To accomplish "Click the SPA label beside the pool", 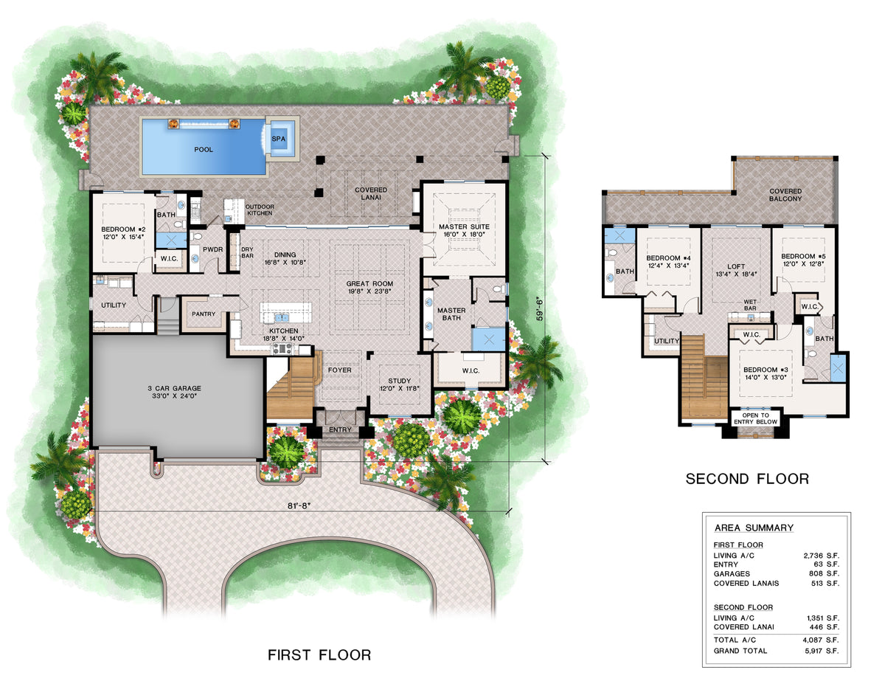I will (x=279, y=138).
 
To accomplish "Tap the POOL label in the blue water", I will (x=204, y=150).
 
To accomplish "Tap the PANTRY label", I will (x=203, y=314).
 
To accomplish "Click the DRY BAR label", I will (x=247, y=253).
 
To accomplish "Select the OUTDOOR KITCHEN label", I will (x=259, y=210).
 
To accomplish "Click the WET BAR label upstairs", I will (x=751, y=304).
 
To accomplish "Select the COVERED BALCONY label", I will (x=785, y=196).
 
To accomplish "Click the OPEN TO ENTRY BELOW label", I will (x=755, y=418).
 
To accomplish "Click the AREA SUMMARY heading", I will (x=754, y=528).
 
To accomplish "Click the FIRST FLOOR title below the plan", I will (x=319, y=654).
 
